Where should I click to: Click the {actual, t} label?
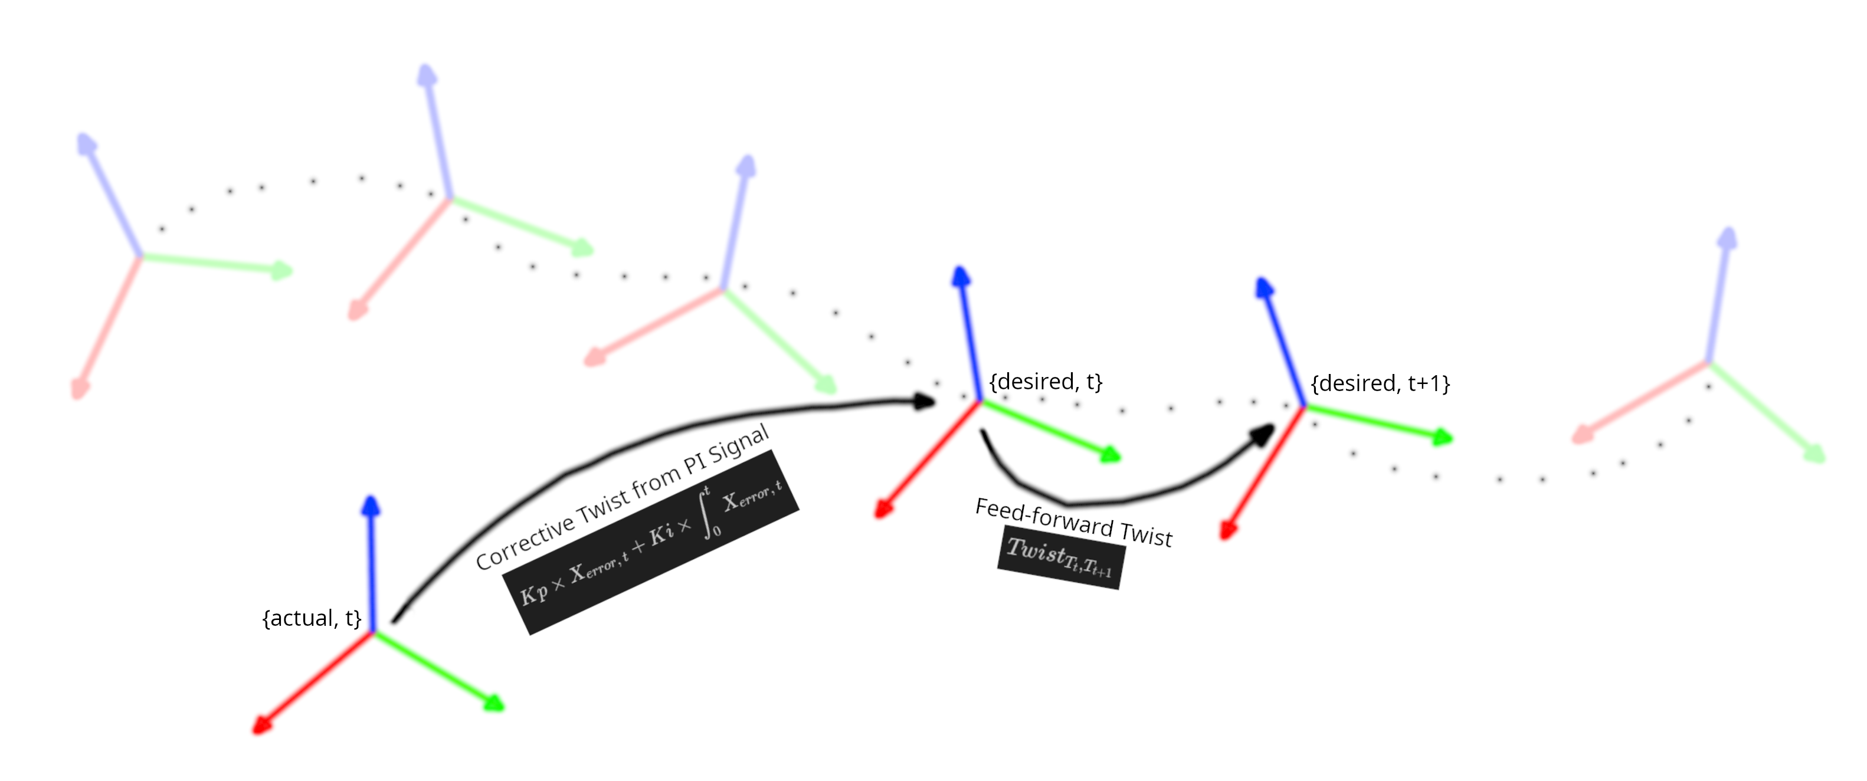click(312, 618)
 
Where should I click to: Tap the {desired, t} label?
click(1045, 381)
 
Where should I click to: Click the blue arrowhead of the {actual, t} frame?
click(371, 505)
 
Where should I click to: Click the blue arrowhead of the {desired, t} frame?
click(961, 277)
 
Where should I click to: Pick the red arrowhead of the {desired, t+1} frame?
click(1226, 531)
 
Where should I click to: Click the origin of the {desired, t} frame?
click(980, 401)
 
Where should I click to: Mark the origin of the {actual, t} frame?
click(372, 632)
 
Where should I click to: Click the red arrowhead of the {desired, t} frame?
click(882, 510)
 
